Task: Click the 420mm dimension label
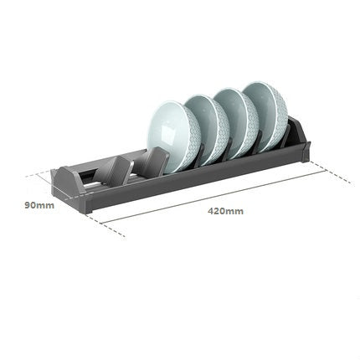pyautogui.click(x=226, y=211)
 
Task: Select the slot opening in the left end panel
pyautogui.click(x=83, y=180)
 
